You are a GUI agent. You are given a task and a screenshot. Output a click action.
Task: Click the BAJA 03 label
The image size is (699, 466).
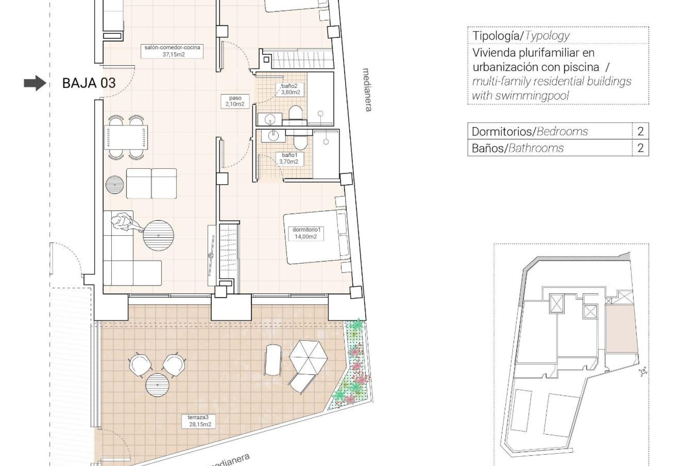pyautogui.click(x=89, y=83)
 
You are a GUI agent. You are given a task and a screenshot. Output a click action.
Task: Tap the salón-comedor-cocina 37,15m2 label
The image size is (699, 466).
pyautogui.click(x=172, y=51)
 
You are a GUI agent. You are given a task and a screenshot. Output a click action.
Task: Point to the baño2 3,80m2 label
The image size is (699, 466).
pyautogui.click(x=290, y=89)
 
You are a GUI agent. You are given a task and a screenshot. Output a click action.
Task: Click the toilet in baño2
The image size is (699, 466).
pyautogui.click(x=296, y=112)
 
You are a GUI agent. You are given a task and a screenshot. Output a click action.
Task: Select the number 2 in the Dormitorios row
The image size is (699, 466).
pyautogui.click(x=640, y=131)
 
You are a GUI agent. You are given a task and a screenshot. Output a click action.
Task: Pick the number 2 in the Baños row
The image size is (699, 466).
pyautogui.click(x=640, y=148)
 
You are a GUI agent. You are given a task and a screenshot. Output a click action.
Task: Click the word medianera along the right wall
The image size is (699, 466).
pyautogui.click(x=368, y=90)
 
